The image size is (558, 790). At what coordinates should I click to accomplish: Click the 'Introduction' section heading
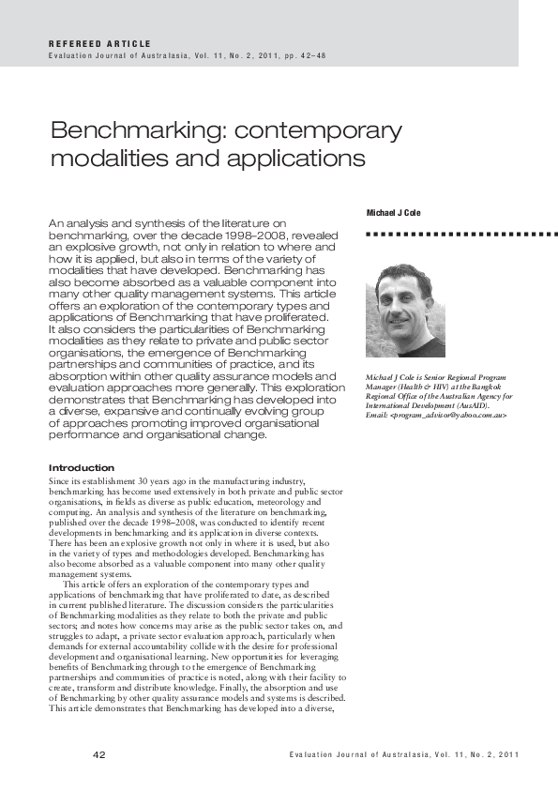81,467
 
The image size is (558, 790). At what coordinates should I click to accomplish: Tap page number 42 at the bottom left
99,755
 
